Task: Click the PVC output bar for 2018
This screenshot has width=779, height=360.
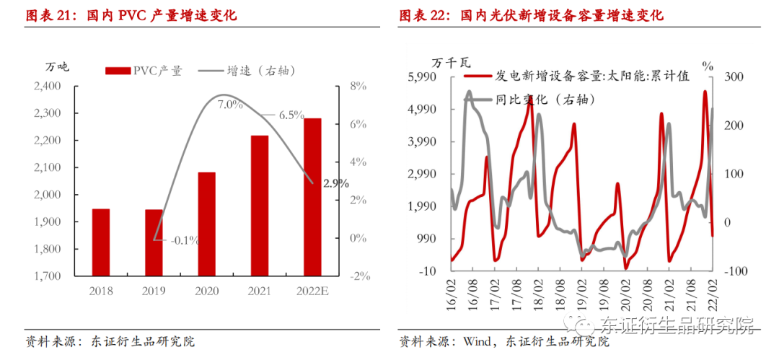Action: point(101,242)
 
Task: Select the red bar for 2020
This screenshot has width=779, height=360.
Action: point(206,224)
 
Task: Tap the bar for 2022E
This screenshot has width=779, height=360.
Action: point(312,197)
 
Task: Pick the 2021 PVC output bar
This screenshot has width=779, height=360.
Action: point(260,206)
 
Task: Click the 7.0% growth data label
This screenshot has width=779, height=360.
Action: point(230,105)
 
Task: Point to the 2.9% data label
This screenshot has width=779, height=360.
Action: point(335,183)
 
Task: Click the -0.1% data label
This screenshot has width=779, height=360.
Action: point(185,240)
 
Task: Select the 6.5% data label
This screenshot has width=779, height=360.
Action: point(291,115)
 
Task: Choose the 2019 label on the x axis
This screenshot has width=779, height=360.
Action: point(154,291)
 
